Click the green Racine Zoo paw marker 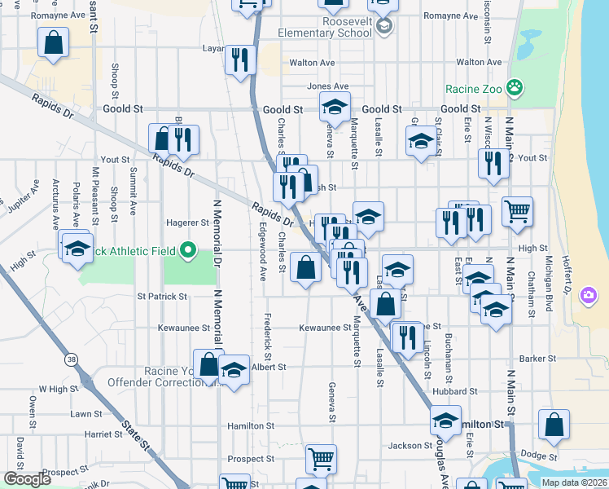[x=514, y=86]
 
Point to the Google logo [x=27, y=479]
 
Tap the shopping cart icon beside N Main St [x=518, y=212]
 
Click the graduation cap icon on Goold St [x=334, y=106]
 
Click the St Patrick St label [x=163, y=296]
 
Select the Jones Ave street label [x=327, y=86]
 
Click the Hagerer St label [x=188, y=222]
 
